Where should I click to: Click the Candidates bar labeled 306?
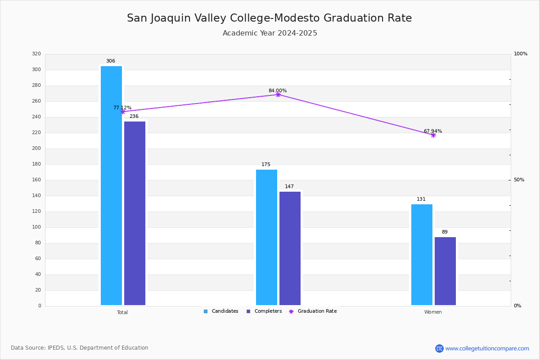point(112,185)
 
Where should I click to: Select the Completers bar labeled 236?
point(135,213)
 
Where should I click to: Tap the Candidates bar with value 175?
point(266,237)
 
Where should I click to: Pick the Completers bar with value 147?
point(290,248)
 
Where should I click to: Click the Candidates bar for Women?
point(422,255)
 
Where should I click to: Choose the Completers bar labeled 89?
point(445,271)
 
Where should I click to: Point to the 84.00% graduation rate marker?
point(278,95)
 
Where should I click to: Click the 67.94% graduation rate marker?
point(433,135)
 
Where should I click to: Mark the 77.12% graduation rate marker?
point(123,112)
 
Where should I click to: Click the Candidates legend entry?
point(221,311)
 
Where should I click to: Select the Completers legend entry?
point(264,311)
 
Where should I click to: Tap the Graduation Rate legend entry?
point(313,311)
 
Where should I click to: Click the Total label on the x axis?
point(122,312)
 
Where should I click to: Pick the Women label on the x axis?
point(433,312)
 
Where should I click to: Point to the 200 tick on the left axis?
point(36,148)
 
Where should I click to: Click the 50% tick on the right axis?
point(519,180)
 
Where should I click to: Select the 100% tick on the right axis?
point(521,54)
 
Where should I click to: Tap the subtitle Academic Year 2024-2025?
point(270,33)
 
